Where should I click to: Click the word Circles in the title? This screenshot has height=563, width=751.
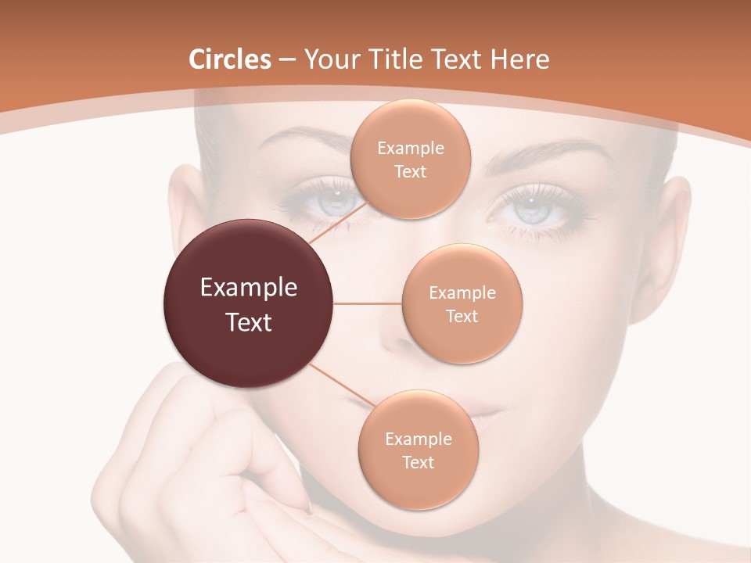[230, 59]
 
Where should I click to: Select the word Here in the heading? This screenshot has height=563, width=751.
[519, 59]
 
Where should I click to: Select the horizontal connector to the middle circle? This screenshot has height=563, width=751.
[368, 303]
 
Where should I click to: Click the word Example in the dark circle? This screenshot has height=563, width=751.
[249, 288]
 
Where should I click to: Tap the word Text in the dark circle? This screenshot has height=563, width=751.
[249, 322]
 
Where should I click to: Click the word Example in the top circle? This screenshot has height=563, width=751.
[411, 149]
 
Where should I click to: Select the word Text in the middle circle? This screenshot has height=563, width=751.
[462, 316]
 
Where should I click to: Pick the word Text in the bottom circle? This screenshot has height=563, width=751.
[418, 462]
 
